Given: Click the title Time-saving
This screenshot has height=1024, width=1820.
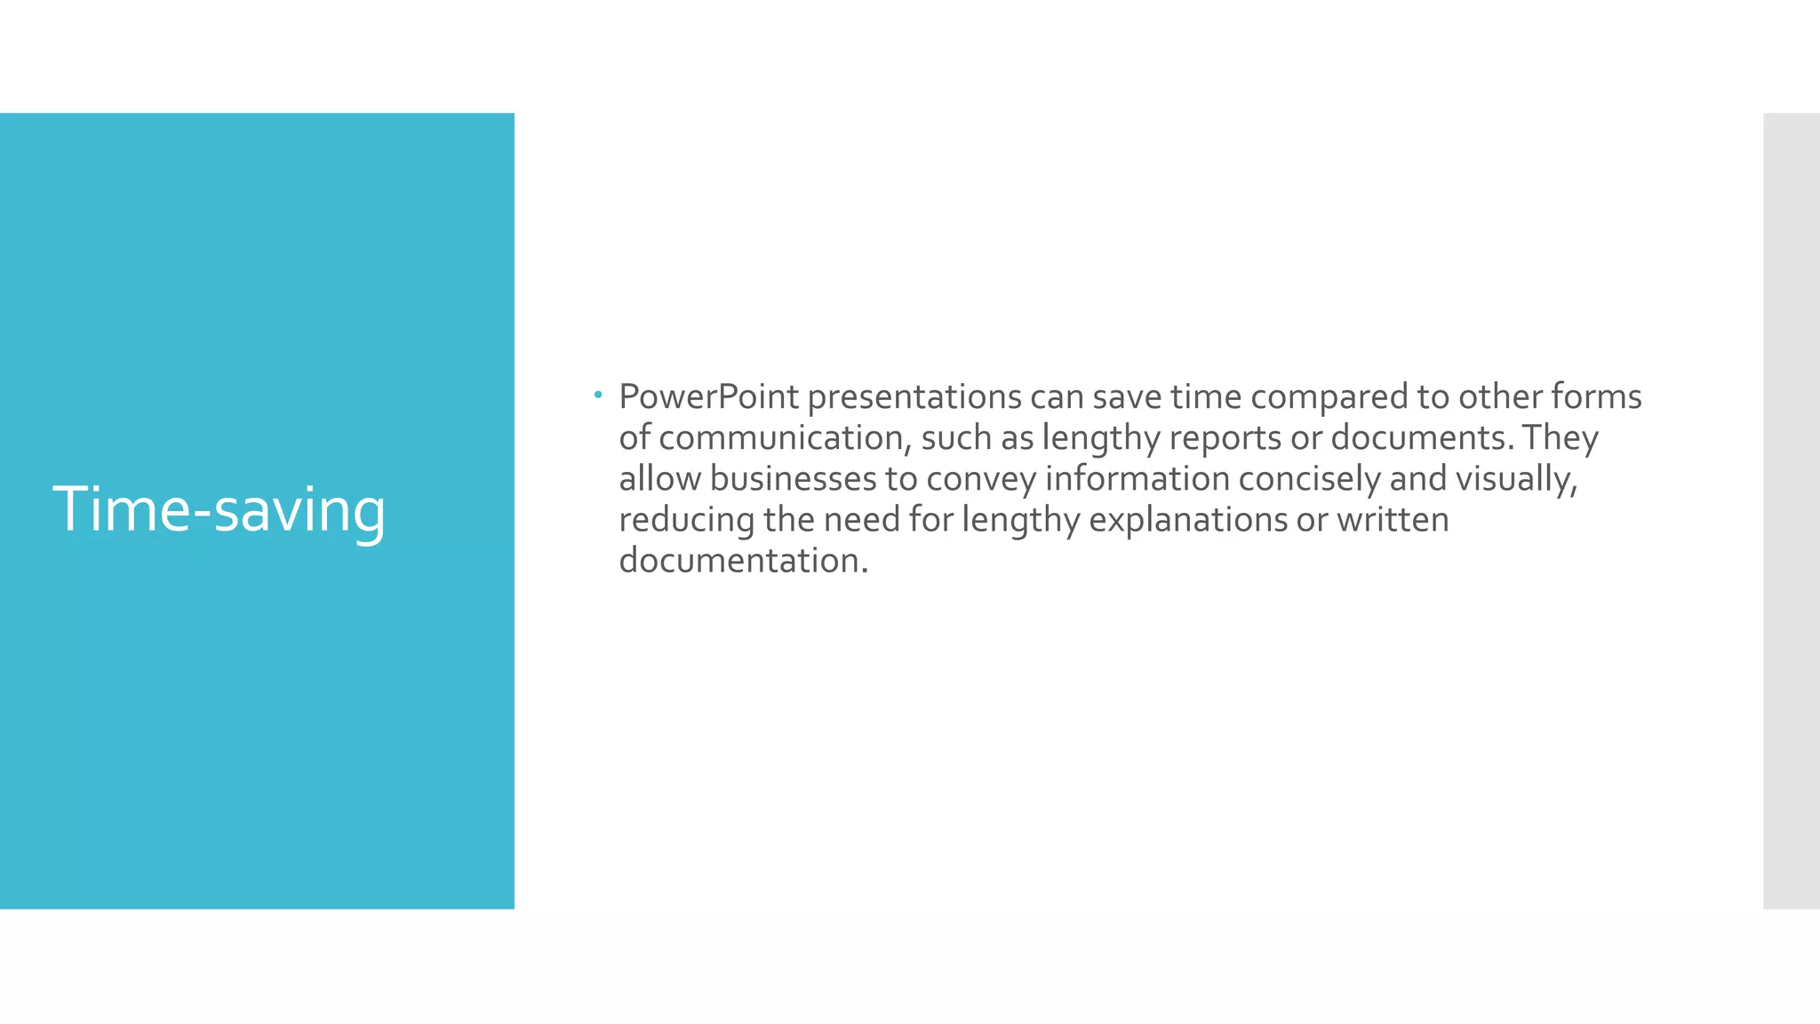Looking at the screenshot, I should (x=219, y=510).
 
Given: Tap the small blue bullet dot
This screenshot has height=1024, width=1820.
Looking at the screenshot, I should (x=599, y=394).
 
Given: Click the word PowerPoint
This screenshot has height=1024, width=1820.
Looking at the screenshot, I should (x=708, y=396).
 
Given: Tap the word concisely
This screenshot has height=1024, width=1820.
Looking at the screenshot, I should (x=1309, y=478).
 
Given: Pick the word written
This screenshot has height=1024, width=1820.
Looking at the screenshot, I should (x=1392, y=519).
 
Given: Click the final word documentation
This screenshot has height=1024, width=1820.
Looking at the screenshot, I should (x=742, y=560).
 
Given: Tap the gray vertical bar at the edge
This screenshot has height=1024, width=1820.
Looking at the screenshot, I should (x=1791, y=510).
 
